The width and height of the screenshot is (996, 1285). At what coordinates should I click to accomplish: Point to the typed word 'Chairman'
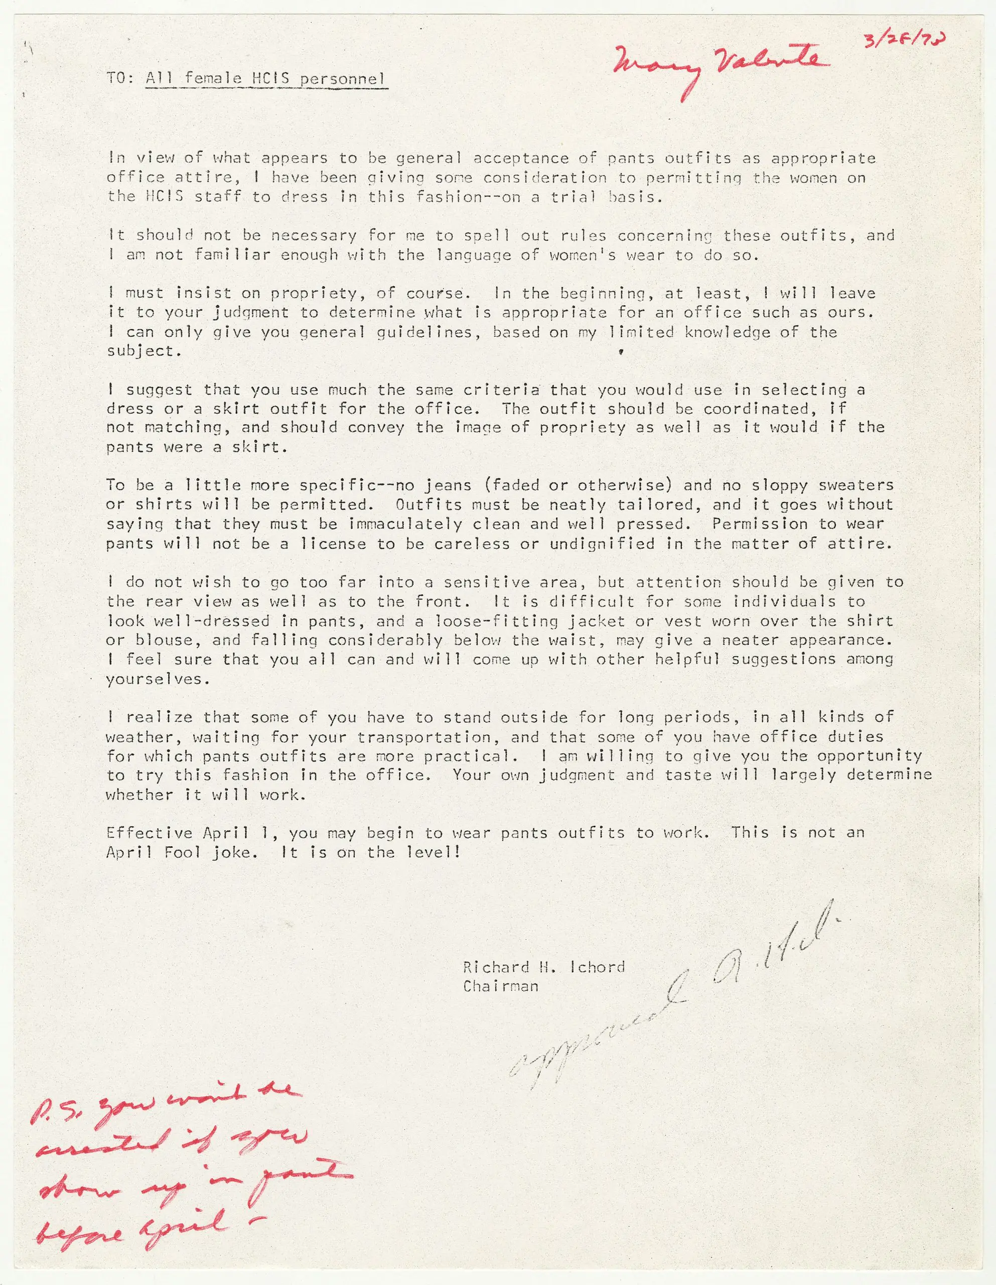pos(500,986)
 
